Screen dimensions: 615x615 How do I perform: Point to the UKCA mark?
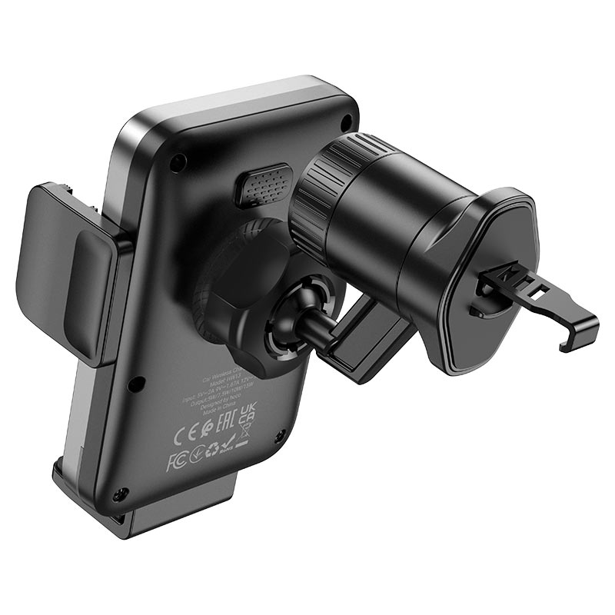pyautogui.click(x=247, y=416)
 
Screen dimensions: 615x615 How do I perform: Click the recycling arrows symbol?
pyautogui.click(x=211, y=450)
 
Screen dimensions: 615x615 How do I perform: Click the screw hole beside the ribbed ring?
pyautogui.click(x=347, y=121)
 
